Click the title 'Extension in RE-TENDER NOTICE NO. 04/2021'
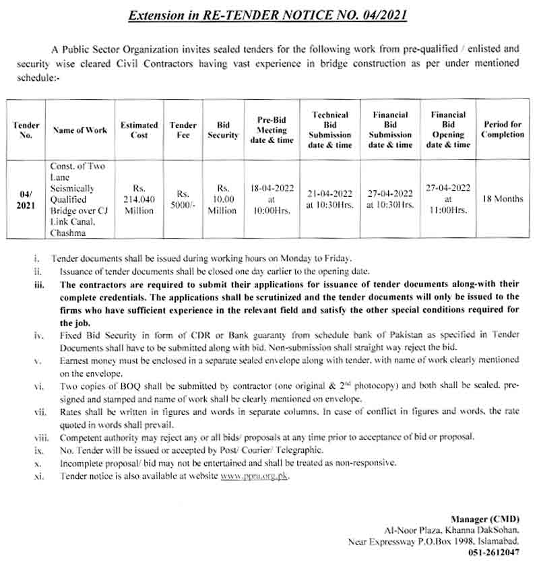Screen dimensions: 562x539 (268, 14)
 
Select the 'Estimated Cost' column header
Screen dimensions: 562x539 (139, 130)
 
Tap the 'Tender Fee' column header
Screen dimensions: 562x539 (183, 130)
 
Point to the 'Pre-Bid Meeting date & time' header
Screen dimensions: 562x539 (272, 130)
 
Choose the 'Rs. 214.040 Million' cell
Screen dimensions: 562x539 (139, 200)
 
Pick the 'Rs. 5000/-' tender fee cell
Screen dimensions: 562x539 (183, 200)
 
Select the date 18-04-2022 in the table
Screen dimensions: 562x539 (272, 189)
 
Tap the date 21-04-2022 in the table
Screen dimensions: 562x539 (331, 194)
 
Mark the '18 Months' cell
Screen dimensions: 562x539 (503, 199)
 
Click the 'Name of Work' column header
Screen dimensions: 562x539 (80, 130)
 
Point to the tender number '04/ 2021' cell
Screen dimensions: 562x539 (26, 200)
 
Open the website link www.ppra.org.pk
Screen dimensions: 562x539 (250, 476)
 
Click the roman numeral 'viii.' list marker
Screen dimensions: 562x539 (39, 437)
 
